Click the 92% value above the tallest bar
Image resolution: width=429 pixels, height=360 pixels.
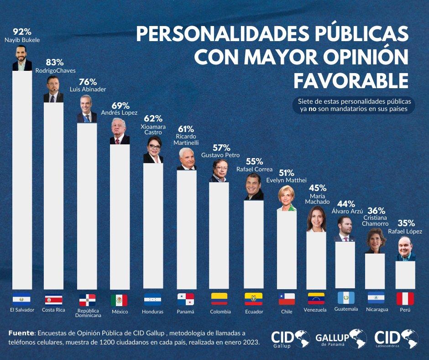(x=22, y=32)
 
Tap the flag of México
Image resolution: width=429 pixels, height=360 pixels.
(x=119, y=300)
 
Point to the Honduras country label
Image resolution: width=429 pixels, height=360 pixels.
(x=153, y=312)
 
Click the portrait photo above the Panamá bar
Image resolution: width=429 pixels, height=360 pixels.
(x=186, y=159)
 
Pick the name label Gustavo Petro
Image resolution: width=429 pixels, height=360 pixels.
(x=220, y=155)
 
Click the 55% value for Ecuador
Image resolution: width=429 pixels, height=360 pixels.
(x=254, y=161)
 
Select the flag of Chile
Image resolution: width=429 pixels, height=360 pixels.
(x=287, y=299)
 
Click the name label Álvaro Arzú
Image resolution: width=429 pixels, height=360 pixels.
(x=350, y=211)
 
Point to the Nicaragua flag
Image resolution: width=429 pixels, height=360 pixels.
(x=376, y=298)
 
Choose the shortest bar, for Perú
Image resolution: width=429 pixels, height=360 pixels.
(x=405, y=274)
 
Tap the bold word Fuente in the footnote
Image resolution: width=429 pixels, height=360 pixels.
(x=21, y=334)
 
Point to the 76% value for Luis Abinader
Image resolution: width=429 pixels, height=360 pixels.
(x=88, y=82)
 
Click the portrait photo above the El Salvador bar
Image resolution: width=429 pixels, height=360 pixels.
(x=22, y=58)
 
